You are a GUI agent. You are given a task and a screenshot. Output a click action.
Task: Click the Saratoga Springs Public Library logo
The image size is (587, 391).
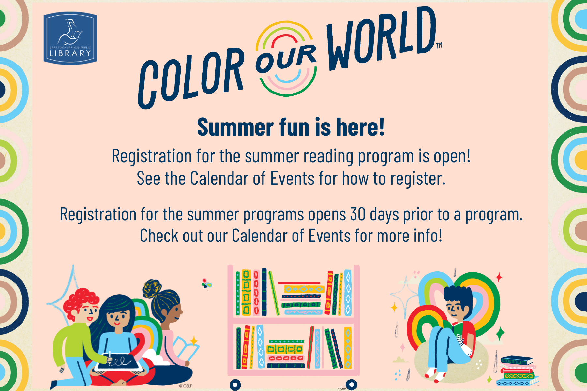pyautogui.click(x=70, y=38)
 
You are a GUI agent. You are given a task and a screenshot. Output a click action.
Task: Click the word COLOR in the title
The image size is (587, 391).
pyautogui.click(x=191, y=78)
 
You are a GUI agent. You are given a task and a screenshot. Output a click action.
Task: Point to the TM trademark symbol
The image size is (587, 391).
pyautogui.click(x=439, y=45)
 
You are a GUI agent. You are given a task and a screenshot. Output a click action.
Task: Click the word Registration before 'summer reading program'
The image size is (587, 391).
pyautogui.click(x=152, y=156)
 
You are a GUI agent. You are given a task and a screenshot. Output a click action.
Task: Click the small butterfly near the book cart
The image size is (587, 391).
pyautogui.click(x=206, y=284)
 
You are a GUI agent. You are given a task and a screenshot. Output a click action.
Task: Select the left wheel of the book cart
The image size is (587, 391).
pyautogui.click(x=235, y=385)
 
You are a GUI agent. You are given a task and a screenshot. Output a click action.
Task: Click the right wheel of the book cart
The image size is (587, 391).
pyautogui.click(x=351, y=385)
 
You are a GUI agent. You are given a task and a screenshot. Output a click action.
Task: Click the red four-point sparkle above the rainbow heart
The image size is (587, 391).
pyautogui.click(x=499, y=277)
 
